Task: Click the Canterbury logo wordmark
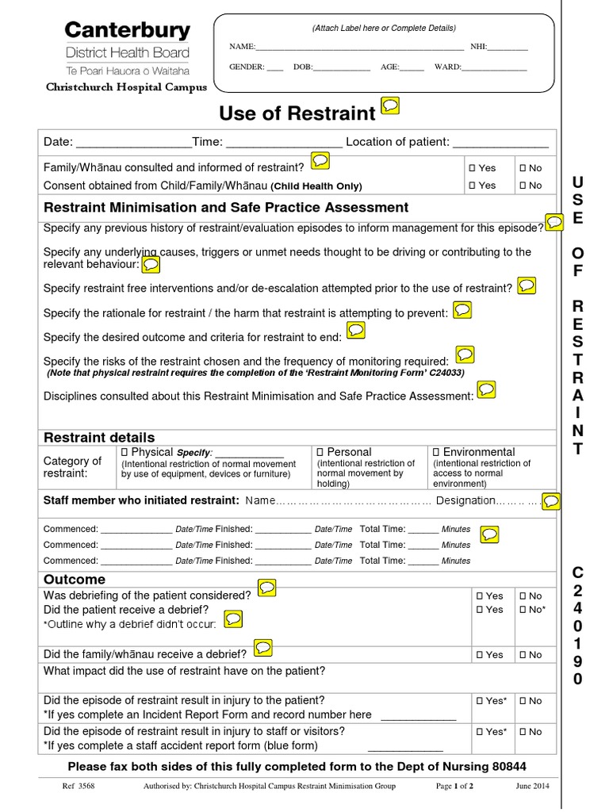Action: click(127, 31)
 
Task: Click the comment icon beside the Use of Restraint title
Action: click(390, 106)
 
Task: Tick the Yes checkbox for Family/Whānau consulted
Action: click(471, 168)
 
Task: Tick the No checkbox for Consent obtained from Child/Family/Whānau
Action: click(523, 186)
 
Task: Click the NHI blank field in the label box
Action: click(508, 48)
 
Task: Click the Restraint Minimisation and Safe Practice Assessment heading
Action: click(226, 208)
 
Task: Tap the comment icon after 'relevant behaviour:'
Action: click(151, 264)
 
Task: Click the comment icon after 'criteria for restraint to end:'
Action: click(356, 330)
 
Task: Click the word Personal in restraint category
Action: click(349, 452)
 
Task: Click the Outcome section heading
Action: click(75, 580)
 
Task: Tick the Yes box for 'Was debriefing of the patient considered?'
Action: click(479, 596)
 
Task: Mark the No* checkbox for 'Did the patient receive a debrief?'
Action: click(523, 610)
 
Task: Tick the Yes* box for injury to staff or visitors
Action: click(479, 732)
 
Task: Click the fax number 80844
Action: click(509, 766)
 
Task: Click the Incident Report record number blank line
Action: click(419, 715)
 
